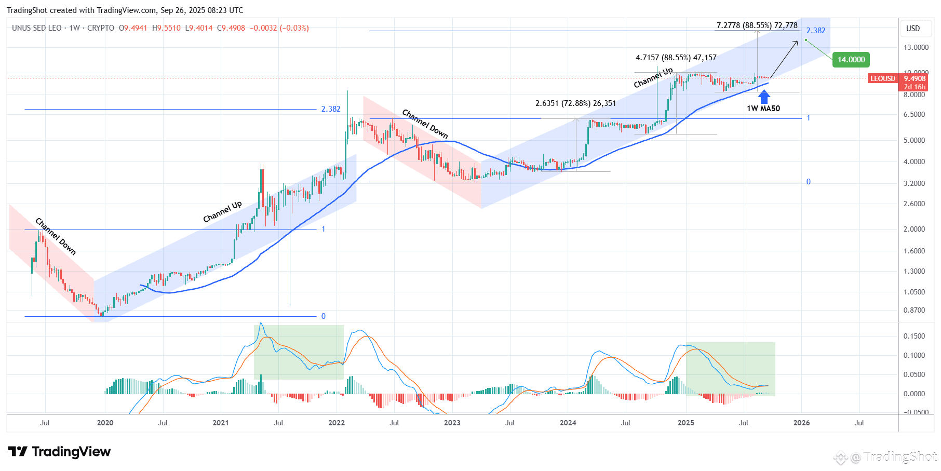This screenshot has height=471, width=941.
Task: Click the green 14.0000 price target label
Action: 851,60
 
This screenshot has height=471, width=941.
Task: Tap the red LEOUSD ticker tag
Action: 883,78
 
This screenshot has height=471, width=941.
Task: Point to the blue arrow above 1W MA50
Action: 764,97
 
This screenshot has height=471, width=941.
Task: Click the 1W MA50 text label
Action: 763,109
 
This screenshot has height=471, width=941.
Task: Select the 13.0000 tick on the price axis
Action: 916,47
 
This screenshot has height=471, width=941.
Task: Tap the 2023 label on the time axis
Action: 452,423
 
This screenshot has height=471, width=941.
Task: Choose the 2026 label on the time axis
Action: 801,423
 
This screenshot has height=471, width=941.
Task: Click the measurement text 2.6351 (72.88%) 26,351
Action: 575,103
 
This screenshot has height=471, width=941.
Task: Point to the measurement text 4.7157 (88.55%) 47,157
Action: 676,58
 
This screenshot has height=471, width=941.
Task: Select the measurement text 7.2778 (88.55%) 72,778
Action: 757,25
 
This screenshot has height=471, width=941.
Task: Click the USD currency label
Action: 912,29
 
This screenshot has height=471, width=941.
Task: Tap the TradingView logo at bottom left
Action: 59,452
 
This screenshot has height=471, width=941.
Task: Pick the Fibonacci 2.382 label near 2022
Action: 330,109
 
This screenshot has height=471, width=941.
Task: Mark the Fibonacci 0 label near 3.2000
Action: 808,182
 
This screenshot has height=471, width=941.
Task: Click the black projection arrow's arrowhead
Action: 797,42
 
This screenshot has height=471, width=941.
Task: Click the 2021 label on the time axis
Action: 221,423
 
